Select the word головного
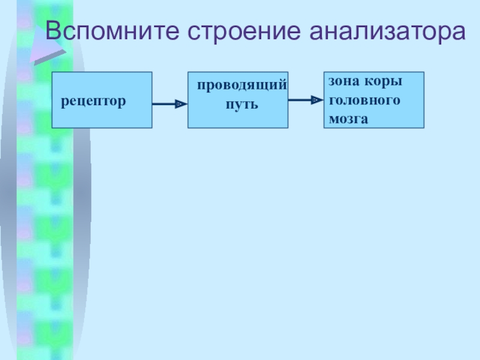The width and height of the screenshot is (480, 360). pos(364,100)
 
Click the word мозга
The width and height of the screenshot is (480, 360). pos(348,119)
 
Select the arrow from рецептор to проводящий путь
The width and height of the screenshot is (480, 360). pos(168,104)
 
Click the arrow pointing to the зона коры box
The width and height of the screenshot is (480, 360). pos(305,100)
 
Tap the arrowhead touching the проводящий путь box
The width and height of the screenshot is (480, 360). pos(179,104)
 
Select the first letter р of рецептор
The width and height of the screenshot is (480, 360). pos(64,101)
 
